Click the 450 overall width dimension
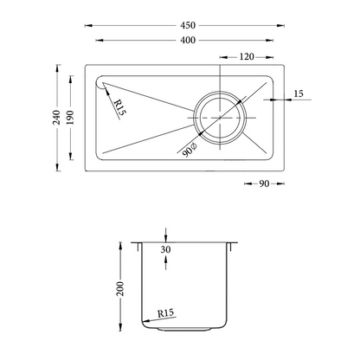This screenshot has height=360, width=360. pyautogui.click(x=188, y=25)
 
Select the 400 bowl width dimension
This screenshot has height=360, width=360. pyautogui.click(x=188, y=40)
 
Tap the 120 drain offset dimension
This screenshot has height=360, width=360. pyautogui.click(x=247, y=57)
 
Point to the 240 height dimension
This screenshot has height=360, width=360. pyautogui.click(x=56, y=118)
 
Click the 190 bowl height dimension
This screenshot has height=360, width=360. pyautogui.click(x=70, y=118)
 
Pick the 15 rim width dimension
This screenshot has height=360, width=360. pyautogui.click(x=299, y=93)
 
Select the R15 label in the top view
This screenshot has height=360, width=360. pyautogui.click(x=120, y=107)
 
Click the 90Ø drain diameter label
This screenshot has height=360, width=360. pyautogui.click(x=190, y=150)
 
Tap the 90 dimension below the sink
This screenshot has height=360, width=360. pyautogui.click(x=264, y=183)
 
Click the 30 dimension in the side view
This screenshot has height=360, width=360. pyautogui.click(x=165, y=249)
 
